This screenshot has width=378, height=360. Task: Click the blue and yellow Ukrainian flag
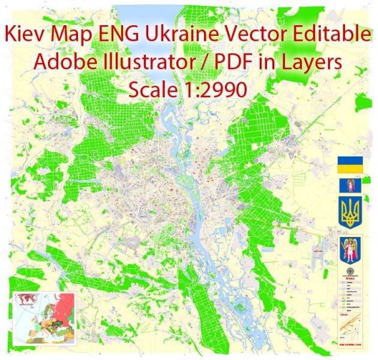click(x=348, y=166)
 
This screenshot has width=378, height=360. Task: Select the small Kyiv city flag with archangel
click(x=348, y=186)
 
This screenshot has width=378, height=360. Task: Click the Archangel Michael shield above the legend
click(x=349, y=250)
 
